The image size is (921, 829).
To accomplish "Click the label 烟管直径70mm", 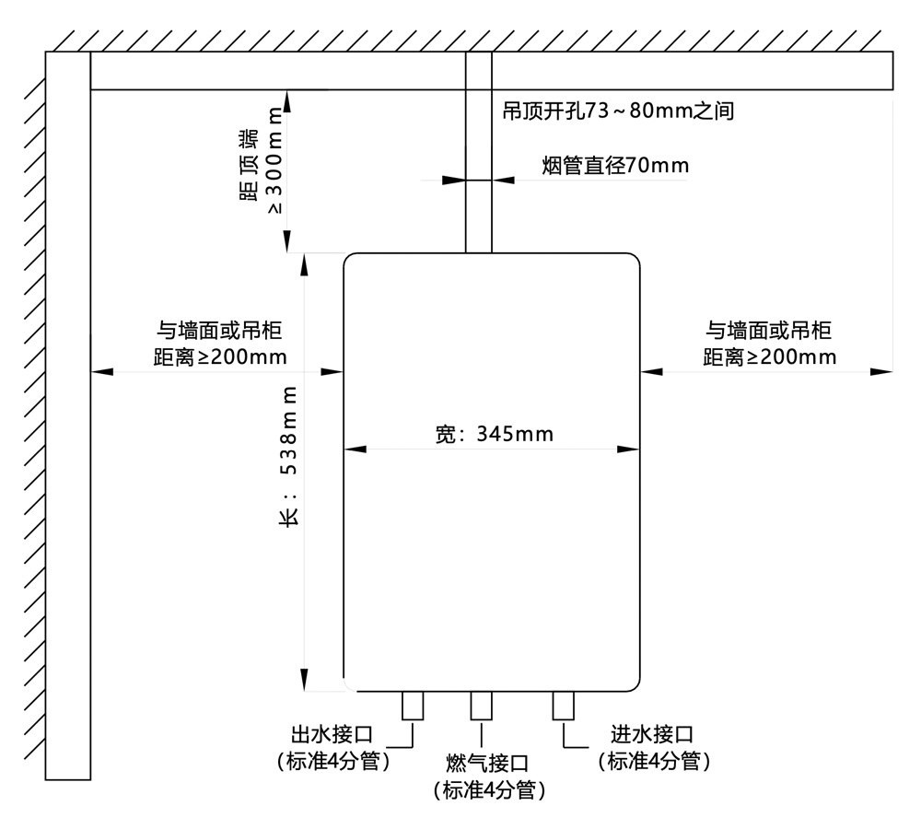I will (614, 166).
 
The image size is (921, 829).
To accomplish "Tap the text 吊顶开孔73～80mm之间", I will (617, 111).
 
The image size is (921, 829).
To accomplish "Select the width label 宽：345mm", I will (494, 434).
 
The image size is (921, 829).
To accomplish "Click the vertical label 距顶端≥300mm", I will (262, 161).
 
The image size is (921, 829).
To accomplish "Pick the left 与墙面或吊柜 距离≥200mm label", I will (218, 344).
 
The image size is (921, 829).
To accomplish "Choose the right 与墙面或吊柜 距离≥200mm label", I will (769, 344).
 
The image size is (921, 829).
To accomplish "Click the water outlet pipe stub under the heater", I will (412, 706).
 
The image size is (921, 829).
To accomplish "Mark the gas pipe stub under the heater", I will (481, 706).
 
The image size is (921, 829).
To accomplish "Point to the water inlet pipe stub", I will (563, 706).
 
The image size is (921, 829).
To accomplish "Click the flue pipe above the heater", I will (478, 212).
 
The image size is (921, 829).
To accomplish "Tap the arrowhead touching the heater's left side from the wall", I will (333, 371).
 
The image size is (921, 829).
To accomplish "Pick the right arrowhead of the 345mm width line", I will (630, 450).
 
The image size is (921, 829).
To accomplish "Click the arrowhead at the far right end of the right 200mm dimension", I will (883, 371).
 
